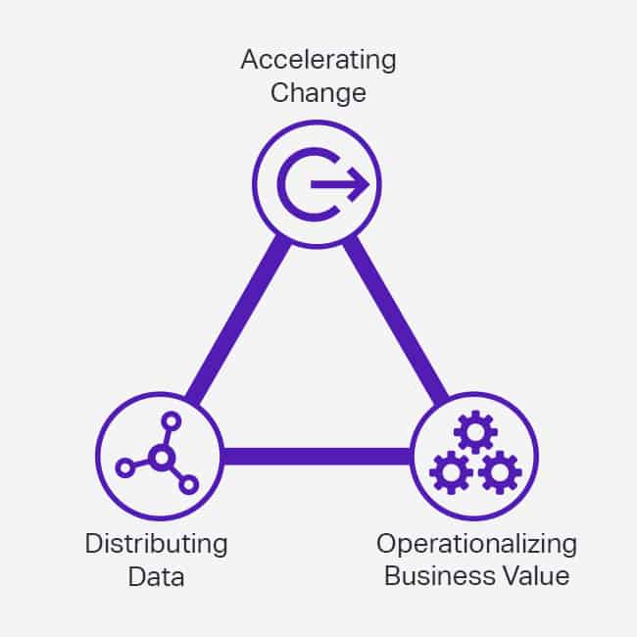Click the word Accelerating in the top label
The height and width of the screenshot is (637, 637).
point(318,60)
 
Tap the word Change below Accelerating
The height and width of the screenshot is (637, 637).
point(318,94)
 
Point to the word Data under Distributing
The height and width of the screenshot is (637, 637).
point(156,576)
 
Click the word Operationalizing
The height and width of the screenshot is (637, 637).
point(476,542)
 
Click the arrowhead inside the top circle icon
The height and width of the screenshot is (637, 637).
point(361,183)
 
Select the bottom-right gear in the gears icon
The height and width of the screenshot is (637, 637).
point(500,473)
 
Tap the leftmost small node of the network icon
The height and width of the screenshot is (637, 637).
point(124,467)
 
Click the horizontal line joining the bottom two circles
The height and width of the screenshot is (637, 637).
point(317,456)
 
